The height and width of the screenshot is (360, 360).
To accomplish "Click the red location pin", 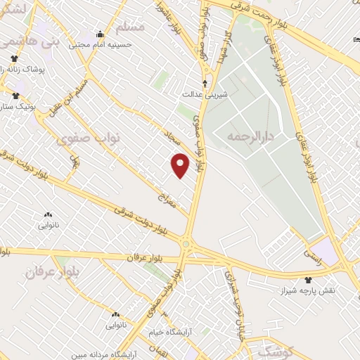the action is pyautogui.click(x=181, y=166).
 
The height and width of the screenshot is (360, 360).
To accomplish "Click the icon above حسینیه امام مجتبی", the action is pyautogui.click(x=101, y=33).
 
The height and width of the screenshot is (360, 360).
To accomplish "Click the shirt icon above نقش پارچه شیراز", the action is pyautogui.click(x=308, y=280).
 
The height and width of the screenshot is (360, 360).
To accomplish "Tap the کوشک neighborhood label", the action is pyautogui.click(x=257, y=351).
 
